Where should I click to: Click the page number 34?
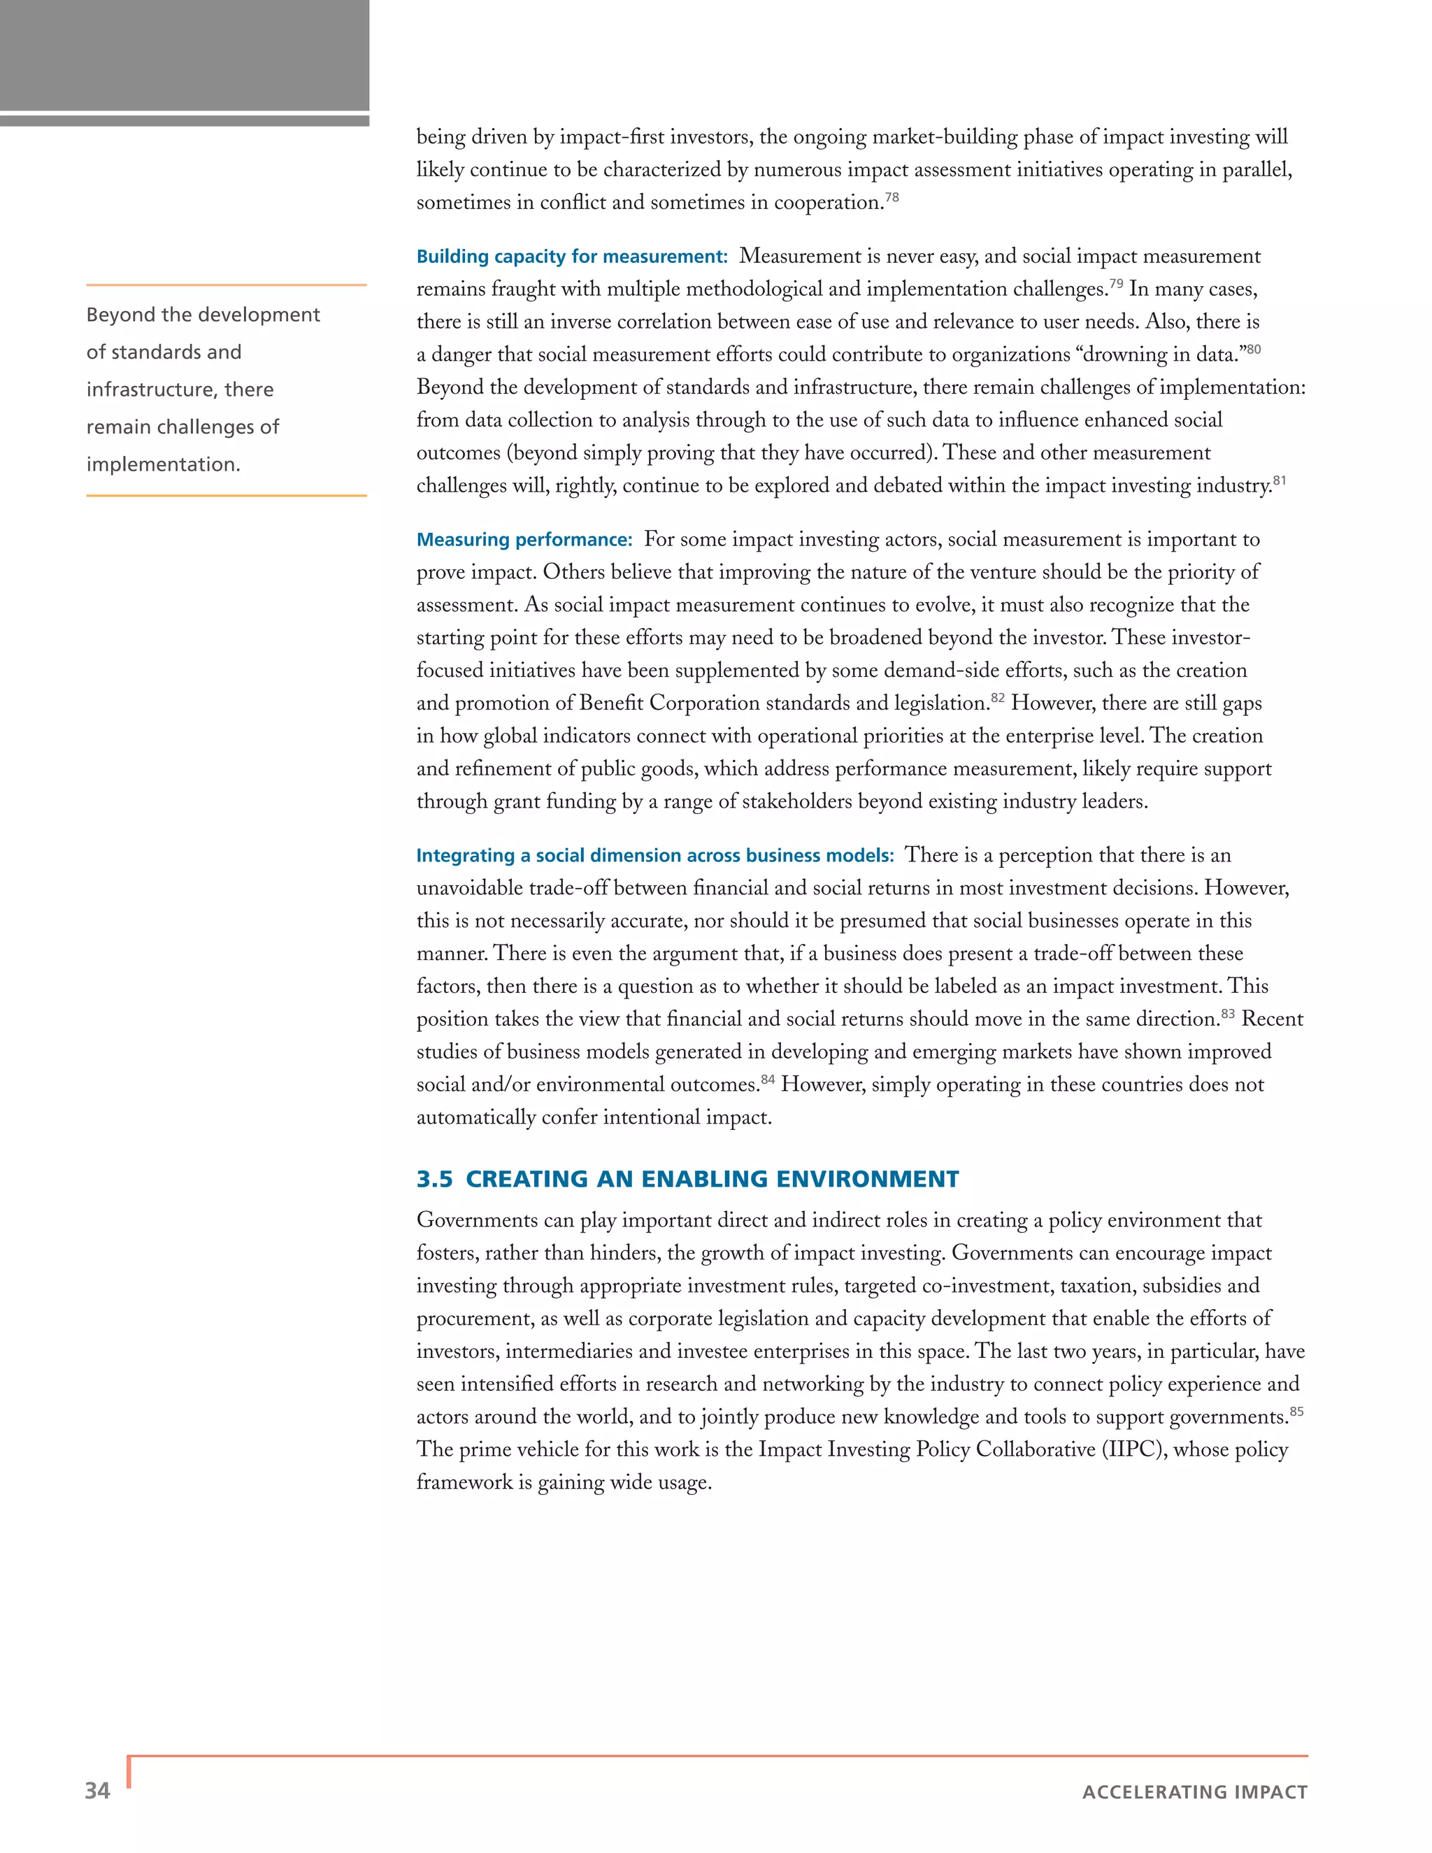(x=96, y=1790)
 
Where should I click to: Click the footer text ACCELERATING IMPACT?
(x=1194, y=1792)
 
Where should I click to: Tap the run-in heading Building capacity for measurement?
(x=572, y=256)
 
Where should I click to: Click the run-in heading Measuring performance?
(x=524, y=540)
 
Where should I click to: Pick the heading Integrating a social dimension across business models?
(x=655, y=855)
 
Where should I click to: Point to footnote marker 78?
(x=892, y=197)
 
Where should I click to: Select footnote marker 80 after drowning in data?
(x=1253, y=349)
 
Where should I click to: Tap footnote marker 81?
(x=1280, y=480)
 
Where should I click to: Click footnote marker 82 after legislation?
(x=998, y=697)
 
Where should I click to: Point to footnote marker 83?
(x=1228, y=1013)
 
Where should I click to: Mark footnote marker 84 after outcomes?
(x=768, y=1078)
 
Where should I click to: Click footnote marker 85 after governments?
(x=1296, y=1411)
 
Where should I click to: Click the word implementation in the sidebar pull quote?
(x=163, y=464)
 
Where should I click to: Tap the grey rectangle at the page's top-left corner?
(x=184, y=55)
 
